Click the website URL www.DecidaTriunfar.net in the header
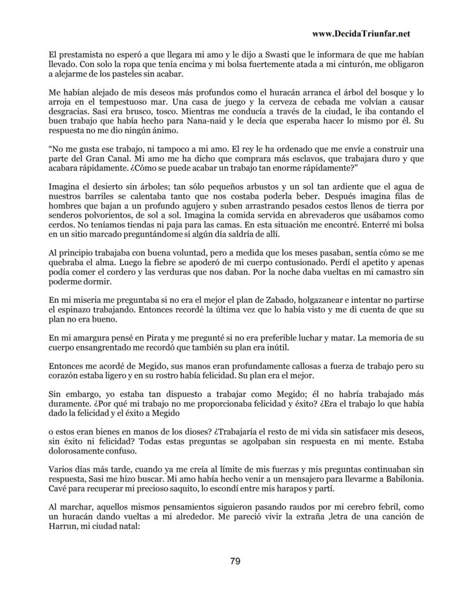(x=361, y=34)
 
